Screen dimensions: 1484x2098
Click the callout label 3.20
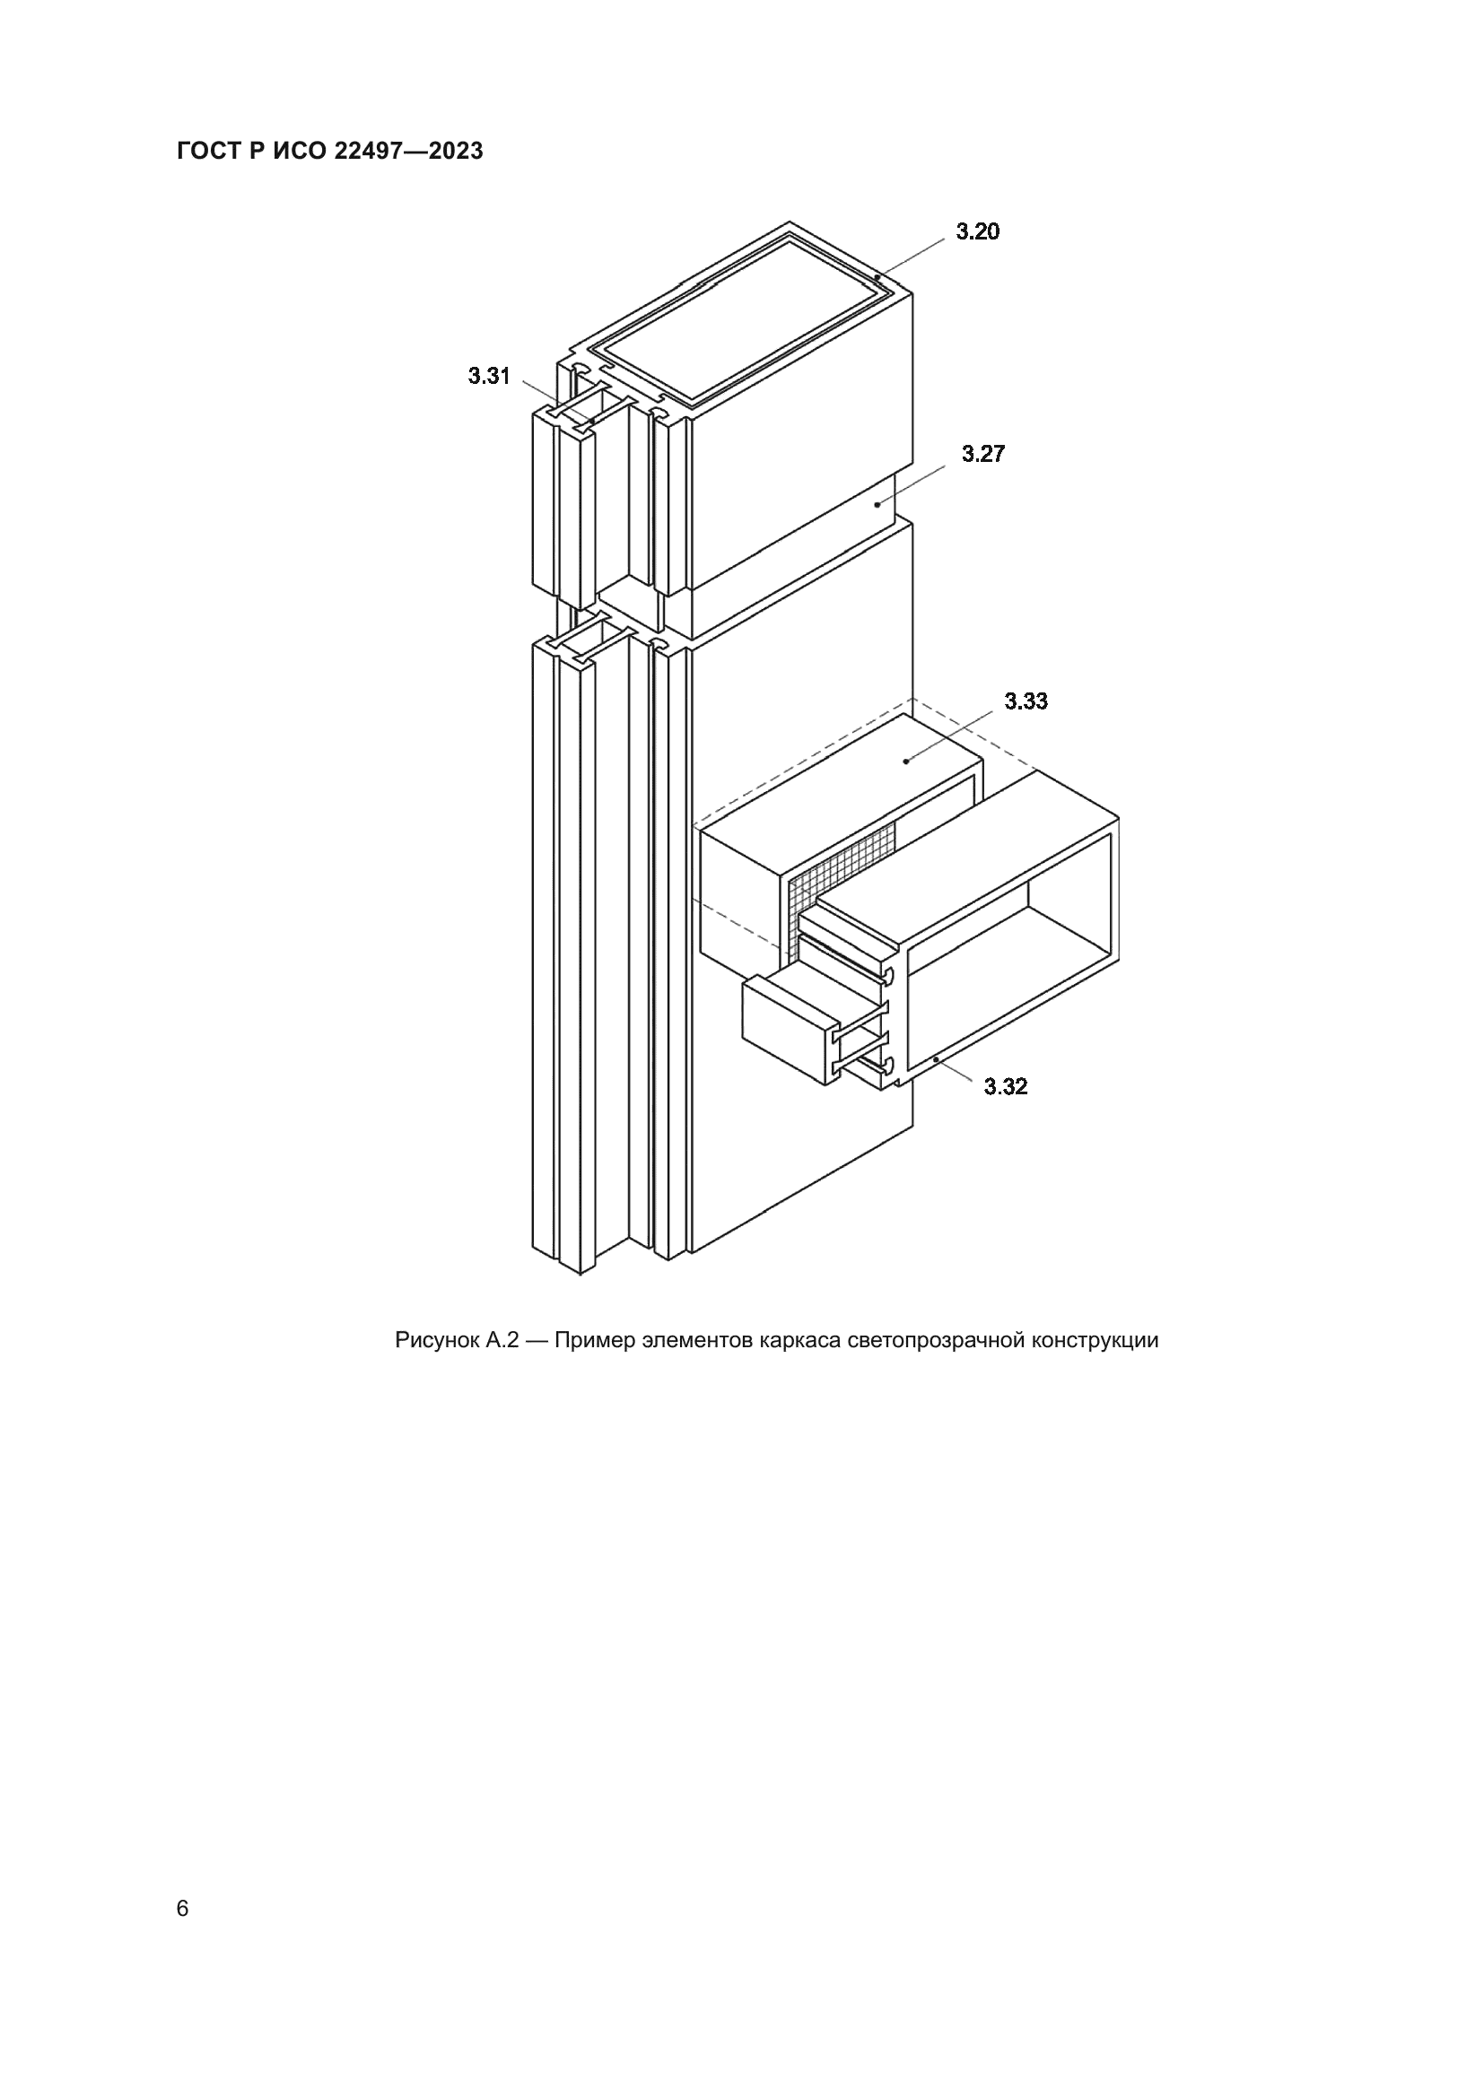(978, 231)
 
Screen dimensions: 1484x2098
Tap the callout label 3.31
(489, 376)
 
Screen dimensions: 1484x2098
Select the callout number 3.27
(983, 454)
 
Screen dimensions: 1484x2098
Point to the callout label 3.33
(1026, 701)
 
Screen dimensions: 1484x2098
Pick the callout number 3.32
(1005, 1086)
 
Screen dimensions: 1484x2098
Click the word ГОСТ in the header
(207, 151)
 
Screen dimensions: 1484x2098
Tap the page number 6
(183, 1909)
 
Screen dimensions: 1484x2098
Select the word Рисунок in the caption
(436, 1340)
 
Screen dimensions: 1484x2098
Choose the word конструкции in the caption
(1095, 1341)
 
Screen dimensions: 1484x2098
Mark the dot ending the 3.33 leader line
(906, 760)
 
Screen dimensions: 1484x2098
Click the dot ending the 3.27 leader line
(877, 503)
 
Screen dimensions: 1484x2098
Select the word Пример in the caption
(593, 1341)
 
